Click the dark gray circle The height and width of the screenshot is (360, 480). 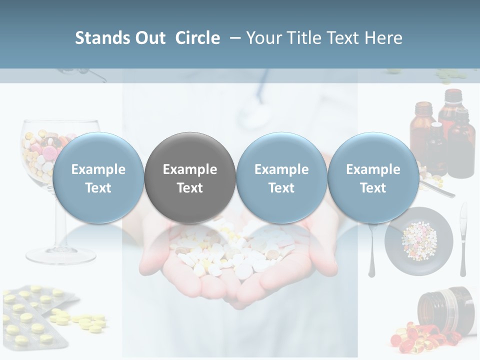[190, 177]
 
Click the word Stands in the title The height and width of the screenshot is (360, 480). [102, 38]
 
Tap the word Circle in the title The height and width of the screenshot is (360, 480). [197, 38]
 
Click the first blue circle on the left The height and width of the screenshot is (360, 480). [98, 177]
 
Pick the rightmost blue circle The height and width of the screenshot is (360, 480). [373, 177]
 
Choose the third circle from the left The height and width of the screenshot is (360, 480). [281, 177]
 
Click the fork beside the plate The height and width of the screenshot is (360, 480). [372, 250]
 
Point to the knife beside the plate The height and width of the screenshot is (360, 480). [463, 240]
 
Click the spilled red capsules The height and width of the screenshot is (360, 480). [410, 335]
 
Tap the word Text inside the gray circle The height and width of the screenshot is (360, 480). [190, 188]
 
